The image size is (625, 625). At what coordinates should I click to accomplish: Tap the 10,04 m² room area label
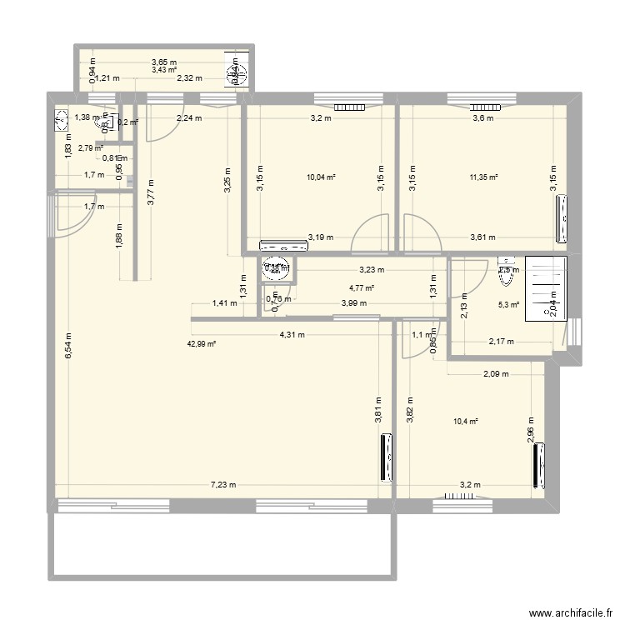tap(321, 177)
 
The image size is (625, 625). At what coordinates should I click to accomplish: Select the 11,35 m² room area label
tap(483, 177)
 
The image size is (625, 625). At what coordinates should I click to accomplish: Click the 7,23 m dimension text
tap(222, 485)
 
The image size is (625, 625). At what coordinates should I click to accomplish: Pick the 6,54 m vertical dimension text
tap(69, 346)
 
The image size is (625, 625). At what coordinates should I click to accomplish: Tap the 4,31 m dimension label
tap(291, 335)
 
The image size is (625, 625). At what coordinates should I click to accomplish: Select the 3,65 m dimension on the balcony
tap(163, 62)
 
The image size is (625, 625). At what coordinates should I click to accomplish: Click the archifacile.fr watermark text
tap(562, 610)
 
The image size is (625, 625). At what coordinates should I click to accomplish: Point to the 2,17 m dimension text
tap(502, 342)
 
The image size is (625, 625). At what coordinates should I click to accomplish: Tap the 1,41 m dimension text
tap(224, 303)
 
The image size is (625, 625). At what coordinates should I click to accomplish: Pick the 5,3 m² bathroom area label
tap(508, 305)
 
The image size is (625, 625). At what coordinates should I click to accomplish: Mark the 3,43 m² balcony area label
tap(163, 70)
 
